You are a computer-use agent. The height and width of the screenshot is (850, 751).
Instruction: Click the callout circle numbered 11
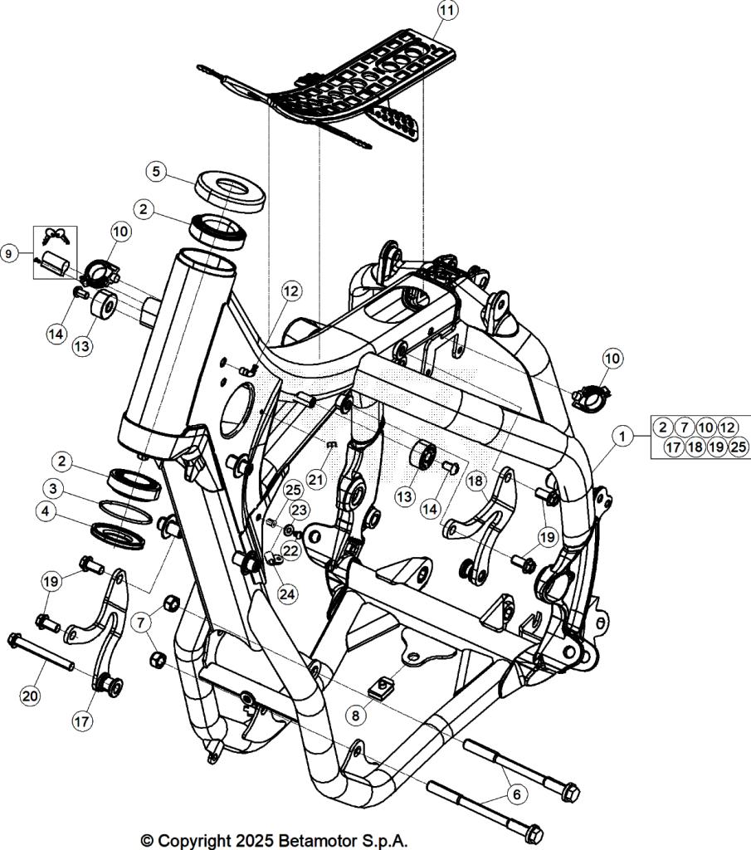point(447,11)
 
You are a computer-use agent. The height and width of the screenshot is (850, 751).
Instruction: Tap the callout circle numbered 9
point(9,253)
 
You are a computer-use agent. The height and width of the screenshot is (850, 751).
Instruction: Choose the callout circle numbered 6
point(516,794)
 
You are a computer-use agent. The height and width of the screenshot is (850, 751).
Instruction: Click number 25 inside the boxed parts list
point(739,447)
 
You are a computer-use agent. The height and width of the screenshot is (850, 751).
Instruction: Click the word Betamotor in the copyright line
point(313,840)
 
